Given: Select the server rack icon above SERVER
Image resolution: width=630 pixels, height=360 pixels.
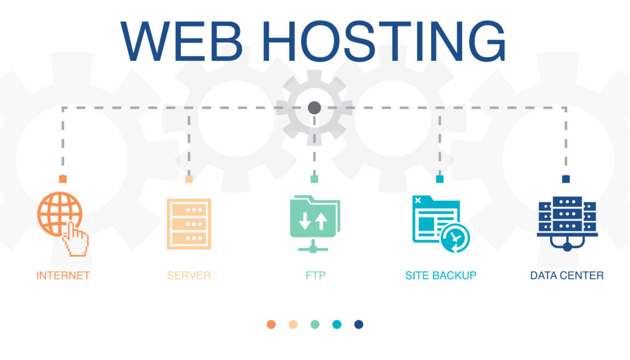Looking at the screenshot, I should click(189, 223).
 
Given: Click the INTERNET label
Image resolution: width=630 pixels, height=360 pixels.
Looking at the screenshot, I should click(63, 276).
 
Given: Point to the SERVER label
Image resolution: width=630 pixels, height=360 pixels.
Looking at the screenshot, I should click(189, 276).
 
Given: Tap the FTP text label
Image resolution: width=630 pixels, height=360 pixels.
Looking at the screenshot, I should click(315, 276).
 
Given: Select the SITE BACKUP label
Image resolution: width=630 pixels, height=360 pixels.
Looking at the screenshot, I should click(441, 276).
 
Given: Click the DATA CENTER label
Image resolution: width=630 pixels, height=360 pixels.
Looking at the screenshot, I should click(567, 276).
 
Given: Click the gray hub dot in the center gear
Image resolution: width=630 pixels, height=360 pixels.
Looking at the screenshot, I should click(314, 108).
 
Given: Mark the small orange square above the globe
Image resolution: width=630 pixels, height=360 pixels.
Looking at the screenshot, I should click(63, 179).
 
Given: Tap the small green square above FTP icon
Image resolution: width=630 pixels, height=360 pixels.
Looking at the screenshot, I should click(314, 179).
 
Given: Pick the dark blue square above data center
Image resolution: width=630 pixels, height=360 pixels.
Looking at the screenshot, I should click(566, 179).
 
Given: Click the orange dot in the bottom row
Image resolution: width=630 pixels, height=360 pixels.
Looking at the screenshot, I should click(271, 324).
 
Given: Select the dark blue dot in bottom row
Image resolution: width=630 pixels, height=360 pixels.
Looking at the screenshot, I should click(359, 324).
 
